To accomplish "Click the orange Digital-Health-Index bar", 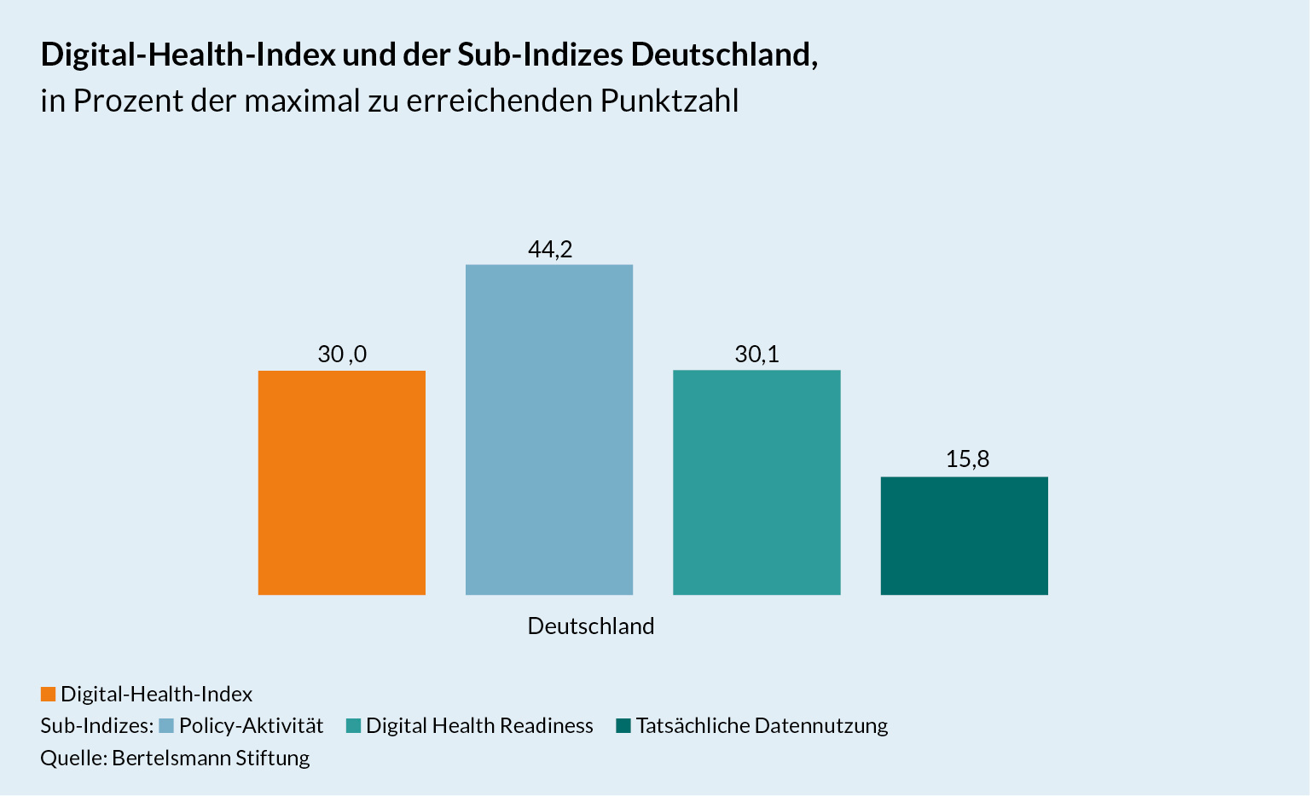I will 341,482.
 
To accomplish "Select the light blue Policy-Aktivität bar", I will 549,430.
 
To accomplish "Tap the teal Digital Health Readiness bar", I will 756,482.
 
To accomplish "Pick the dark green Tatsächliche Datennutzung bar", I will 964,535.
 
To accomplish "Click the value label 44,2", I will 550,250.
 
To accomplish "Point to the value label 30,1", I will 756,355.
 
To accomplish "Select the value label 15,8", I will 967,460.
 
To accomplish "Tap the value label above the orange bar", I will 342,355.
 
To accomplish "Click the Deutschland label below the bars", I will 591,626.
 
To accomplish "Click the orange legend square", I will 48,695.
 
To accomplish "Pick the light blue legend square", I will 166,726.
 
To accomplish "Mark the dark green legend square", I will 623,726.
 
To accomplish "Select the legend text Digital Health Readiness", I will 479,726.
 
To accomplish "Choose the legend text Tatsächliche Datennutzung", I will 762,726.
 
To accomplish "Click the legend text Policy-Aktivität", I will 252,726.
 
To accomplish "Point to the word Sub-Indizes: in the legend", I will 96,726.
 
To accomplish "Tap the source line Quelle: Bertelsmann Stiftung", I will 175,758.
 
